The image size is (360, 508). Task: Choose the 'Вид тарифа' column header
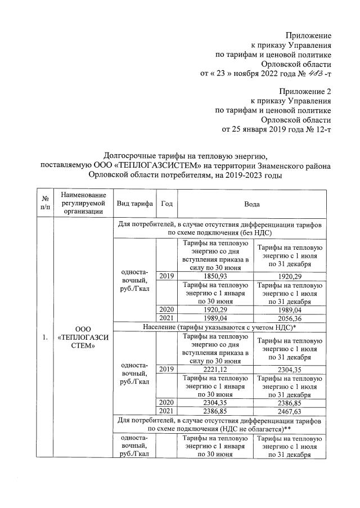[x=134, y=203]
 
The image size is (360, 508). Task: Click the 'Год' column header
[x=166, y=203]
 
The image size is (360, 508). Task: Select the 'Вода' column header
[x=251, y=203]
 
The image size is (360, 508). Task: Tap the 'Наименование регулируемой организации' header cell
[x=84, y=203]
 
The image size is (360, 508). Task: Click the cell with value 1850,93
[x=215, y=276]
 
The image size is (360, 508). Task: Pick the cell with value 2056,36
[x=290, y=318]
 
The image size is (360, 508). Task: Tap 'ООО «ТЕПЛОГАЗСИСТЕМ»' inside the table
[x=84, y=336]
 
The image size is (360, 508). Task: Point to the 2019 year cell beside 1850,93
[x=166, y=276]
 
